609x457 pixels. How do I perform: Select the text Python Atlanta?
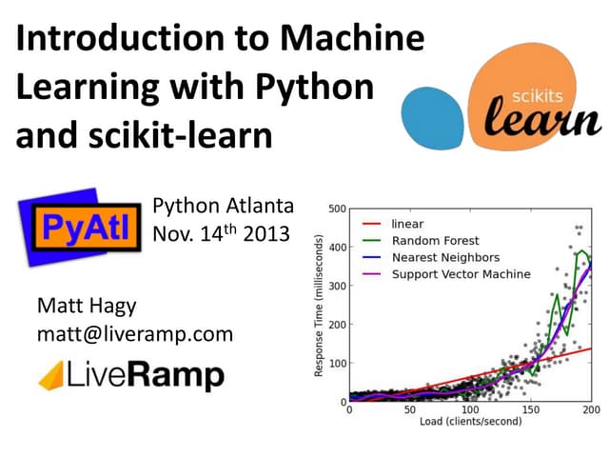[224, 207]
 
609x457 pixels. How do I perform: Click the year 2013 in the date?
[265, 234]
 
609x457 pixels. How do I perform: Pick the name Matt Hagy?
[86, 307]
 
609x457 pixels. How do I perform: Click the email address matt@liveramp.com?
[134, 334]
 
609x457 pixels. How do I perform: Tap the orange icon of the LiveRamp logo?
[52, 376]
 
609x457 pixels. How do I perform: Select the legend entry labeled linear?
[407, 224]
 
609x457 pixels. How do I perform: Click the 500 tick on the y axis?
[336, 209]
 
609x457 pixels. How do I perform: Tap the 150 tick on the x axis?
[531, 411]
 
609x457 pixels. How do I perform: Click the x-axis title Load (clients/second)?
[471, 424]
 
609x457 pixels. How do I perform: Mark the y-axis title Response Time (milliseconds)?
[320, 305]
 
